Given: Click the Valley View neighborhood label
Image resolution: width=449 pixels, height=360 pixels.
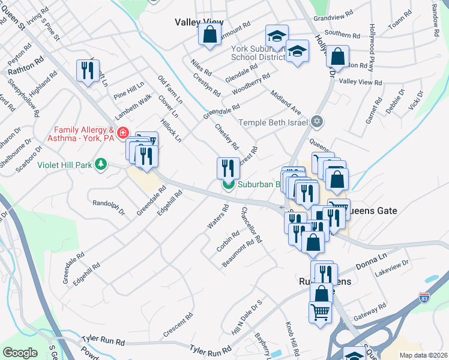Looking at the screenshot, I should point(199,22).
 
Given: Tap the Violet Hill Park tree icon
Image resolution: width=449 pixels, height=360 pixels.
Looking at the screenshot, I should point(102,163).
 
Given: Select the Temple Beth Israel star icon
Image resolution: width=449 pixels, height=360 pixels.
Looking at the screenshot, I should point(318,122).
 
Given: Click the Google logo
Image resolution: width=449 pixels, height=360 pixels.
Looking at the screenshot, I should point(20,353).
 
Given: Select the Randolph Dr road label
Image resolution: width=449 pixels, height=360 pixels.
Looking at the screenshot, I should point(108,208).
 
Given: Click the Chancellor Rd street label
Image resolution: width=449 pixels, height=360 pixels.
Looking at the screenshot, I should point(251,224).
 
